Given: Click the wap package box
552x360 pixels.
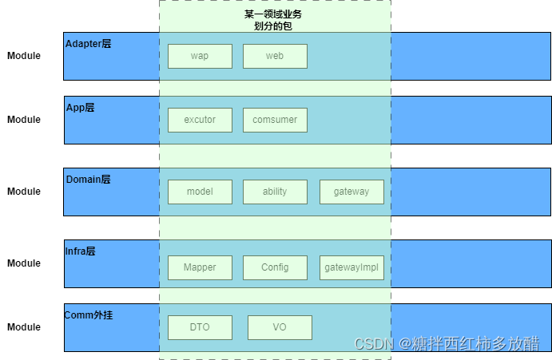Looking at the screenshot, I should tap(200, 56).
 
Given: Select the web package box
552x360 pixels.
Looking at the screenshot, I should tap(275, 56).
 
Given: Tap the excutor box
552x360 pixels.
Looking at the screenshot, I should tap(200, 120).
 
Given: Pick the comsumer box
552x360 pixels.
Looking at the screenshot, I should tap(275, 120).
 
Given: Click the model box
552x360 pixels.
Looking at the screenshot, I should tap(200, 192).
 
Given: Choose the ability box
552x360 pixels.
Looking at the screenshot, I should tap(275, 192).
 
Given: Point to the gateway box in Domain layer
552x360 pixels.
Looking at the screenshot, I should tap(351, 192).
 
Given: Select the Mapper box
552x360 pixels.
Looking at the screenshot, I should tap(200, 267).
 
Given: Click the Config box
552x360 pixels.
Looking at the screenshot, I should tap(275, 267).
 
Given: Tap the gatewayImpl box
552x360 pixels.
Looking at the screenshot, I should tap(351, 267).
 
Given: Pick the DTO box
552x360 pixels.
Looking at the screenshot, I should tap(200, 327).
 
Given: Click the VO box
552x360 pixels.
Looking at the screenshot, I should tap(280, 327).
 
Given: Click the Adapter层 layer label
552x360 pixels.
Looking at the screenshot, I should tap(88, 44).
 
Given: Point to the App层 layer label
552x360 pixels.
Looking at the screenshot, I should tap(80, 108).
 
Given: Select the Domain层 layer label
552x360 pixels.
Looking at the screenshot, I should tap(88, 180).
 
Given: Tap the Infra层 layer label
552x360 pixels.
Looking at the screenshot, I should tap(80, 251).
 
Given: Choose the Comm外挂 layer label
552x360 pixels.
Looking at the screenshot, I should tap(89, 315).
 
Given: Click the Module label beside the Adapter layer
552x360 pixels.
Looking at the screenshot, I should tap(24, 56).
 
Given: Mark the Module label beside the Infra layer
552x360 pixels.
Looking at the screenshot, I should tap(24, 263).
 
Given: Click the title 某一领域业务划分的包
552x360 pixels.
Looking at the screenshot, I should tap(273, 20).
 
